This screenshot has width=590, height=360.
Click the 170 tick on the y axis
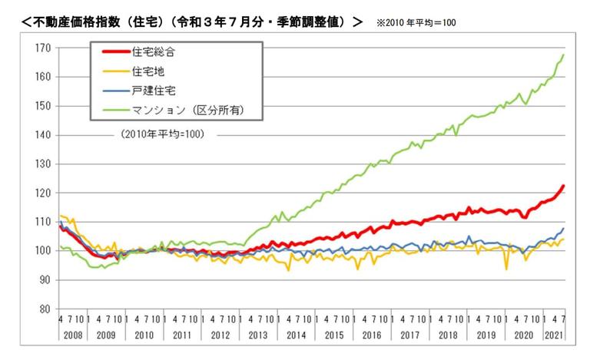coord(42,48)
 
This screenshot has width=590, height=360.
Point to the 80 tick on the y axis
coord(45,309)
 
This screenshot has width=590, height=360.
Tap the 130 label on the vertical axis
coord(42,163)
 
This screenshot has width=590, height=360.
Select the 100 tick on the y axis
coord(42,251)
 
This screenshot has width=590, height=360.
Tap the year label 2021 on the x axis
coord(552,335)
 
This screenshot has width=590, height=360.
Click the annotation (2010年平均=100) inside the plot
coord(161,134)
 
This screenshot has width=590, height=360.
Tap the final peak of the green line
coord(564,54)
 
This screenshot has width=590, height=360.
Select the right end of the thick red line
coord(564,186)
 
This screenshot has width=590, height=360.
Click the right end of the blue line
coord(564,228)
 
